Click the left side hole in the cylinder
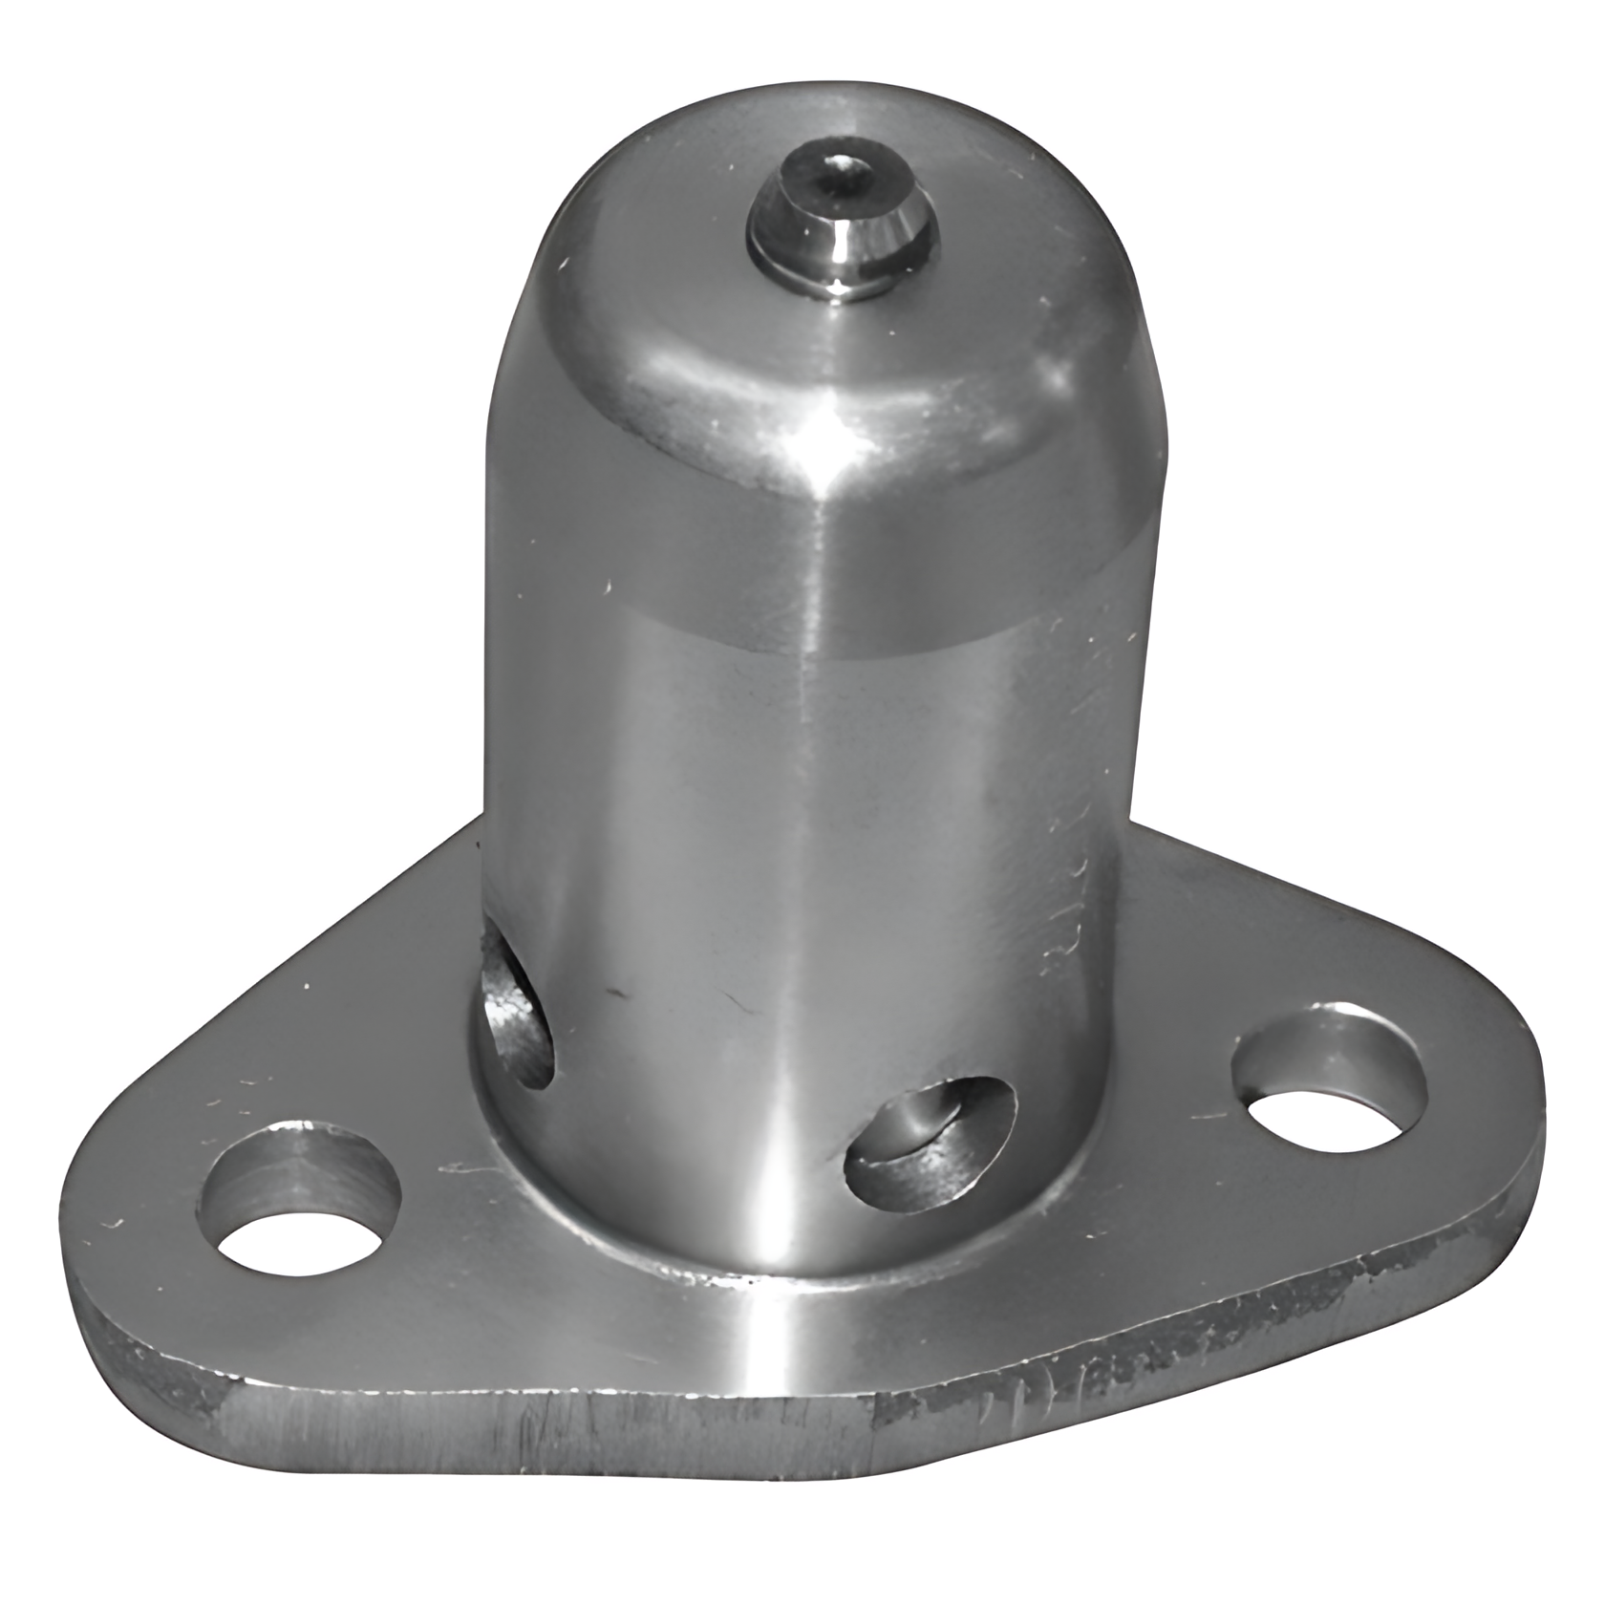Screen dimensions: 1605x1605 516,1013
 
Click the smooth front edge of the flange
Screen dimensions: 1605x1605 535,1423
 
